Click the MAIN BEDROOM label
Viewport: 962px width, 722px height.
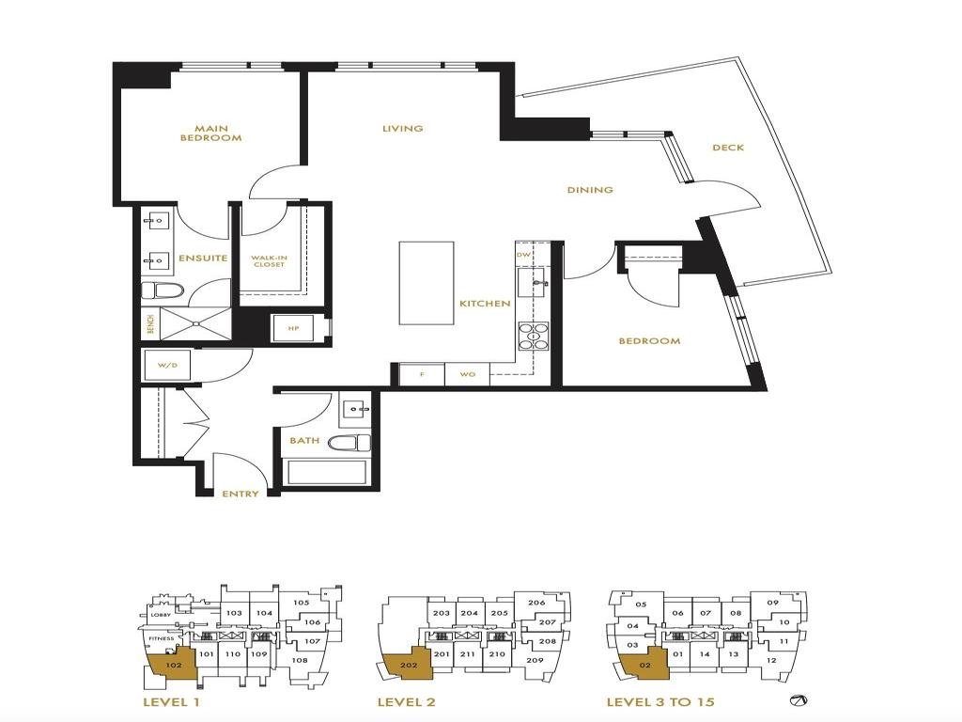coord(210,133)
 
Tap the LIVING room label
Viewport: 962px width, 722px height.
coord(402,129)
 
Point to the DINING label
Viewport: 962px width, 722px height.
coord(590,190)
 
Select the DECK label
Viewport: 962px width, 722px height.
coord(728,148)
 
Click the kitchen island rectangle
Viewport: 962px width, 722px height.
coord(427,283)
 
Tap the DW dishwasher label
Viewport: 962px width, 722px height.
coord(523,254)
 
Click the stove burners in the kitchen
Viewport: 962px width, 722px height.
coord(534,336)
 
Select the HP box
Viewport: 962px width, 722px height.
coord(292,327)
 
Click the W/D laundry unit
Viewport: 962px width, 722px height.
coord(168,365)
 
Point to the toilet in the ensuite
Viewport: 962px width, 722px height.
coord(159,290)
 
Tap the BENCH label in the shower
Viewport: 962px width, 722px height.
coord(150,323)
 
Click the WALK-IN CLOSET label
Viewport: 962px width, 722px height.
coord(268,260)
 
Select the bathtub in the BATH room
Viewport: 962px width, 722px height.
coord(325,471)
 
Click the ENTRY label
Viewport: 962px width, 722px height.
coord(240,494)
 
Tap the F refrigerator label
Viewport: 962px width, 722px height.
coord(422,374)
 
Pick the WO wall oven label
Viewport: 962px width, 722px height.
coord(467,374)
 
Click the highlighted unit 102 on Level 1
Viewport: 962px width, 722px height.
coord(172,665)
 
